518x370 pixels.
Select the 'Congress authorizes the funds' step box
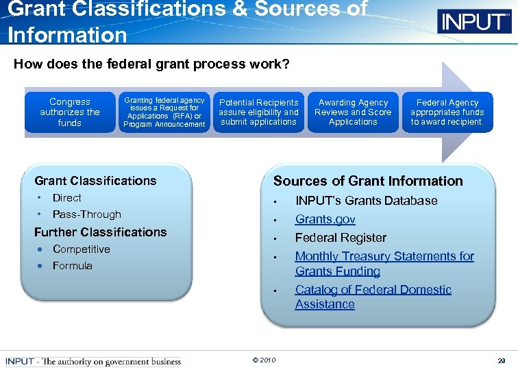(70, 112)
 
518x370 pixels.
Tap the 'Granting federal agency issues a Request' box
(164, 112)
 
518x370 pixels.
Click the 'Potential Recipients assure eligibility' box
(258, 112)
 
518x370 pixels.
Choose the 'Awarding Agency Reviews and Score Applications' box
(353, 112)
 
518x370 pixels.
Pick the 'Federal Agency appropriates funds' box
(447, 112)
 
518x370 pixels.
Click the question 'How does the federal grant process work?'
(151, 64)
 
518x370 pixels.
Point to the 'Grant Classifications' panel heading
(95, 181)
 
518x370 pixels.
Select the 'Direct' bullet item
(67, 198)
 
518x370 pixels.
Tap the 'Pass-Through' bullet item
(86, 214)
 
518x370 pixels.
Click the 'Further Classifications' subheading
(100, 232)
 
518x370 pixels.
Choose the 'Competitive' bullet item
(81, 249)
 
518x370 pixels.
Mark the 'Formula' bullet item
(72, 266)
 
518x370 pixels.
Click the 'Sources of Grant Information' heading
(368, 182)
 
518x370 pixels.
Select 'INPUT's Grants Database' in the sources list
(366, 201)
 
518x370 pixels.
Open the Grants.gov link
(325, 219)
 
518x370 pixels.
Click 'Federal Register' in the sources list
(341, 238)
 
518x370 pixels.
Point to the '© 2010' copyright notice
(264, 360)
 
